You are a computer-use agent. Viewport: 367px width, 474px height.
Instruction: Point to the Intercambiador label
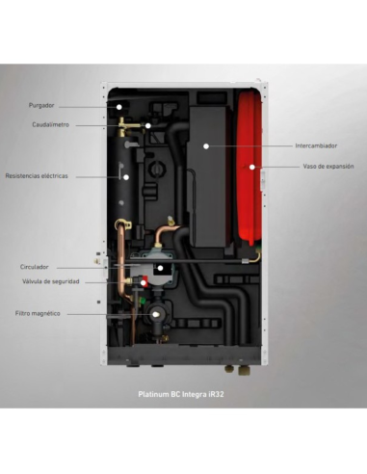(x=315, y=145)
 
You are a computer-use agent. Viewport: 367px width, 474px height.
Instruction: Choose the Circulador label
(x=35, y=266)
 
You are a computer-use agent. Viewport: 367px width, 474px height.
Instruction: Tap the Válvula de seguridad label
(x=50, y=281)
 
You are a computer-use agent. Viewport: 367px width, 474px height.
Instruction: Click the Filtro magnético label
(x=38, y=313)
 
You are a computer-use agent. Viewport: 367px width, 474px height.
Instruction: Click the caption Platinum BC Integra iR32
(x=182, y=394)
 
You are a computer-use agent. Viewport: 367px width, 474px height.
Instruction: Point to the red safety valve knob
(x=144, y=283)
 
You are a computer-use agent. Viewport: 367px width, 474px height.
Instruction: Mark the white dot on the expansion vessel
(x=253, y=167)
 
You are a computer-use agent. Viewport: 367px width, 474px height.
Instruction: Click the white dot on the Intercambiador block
(x=205, y=145)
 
